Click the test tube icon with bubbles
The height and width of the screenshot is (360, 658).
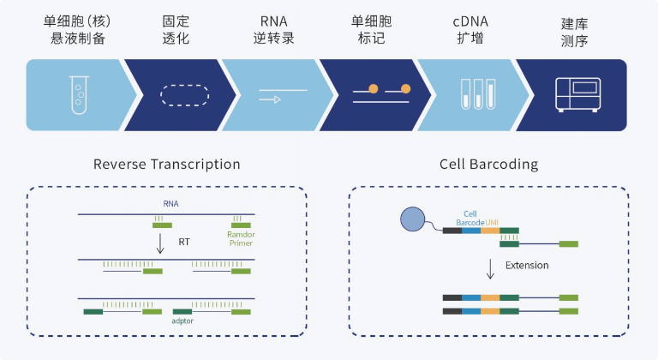[80, 95]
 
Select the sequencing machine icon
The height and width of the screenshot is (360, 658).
[577, 95]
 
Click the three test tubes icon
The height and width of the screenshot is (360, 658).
[478, 94]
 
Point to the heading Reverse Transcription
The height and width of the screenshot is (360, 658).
[166, 165]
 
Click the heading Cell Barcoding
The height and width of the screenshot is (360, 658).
[489, 165]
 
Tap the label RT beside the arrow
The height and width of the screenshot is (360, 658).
[184, 242]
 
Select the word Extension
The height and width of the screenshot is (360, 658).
[527, 266]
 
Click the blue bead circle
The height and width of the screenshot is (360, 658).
[412, 219]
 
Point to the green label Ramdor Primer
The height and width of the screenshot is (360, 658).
[241, 238]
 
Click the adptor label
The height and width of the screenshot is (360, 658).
[182, 321]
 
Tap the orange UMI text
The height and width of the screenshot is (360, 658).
[492, 223]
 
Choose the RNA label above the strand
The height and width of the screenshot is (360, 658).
[170, 204]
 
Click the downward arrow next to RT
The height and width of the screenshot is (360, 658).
[160, 243]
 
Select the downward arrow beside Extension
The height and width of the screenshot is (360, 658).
[490, 269]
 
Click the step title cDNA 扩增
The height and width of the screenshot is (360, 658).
[470, 30]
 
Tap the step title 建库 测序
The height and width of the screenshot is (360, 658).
[575, 33]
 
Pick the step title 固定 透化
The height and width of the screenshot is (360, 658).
[176, 30]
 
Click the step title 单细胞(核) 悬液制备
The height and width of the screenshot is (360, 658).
[78, 30]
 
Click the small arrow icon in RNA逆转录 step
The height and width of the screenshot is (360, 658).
[270, 99]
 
